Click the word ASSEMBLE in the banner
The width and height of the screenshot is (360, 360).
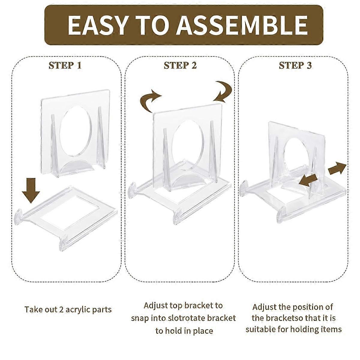pos(242,25)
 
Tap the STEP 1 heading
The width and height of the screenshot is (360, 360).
pos(65,65)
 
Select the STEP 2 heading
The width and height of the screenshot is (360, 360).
pos(180,65)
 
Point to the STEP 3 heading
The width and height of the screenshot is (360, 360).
pos(295,65)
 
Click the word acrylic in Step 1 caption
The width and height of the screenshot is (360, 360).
pos(77,310)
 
